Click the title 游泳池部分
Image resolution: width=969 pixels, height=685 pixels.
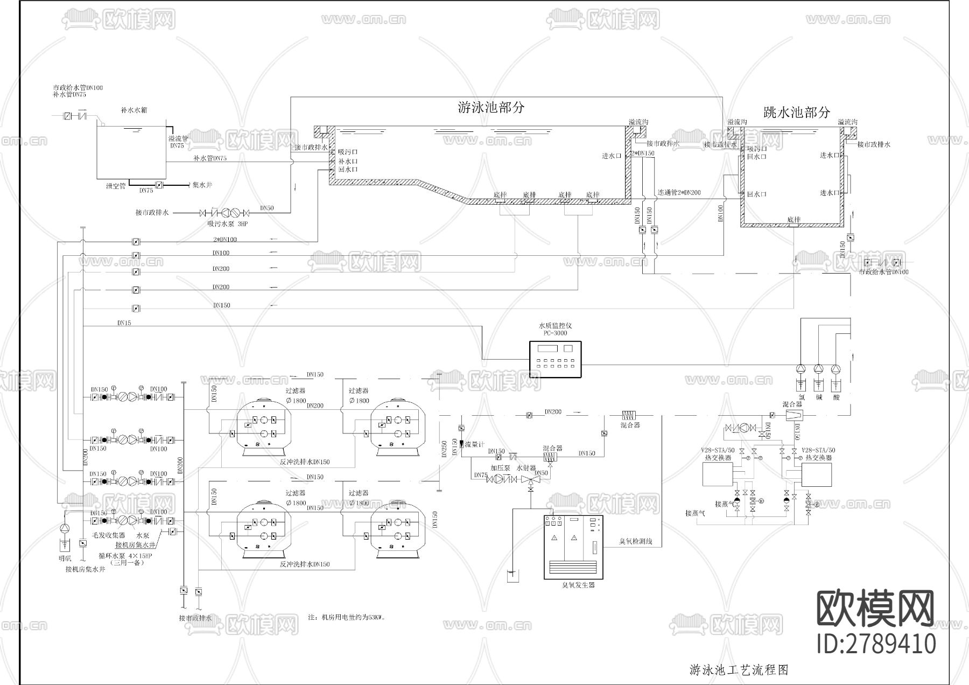point(490,107)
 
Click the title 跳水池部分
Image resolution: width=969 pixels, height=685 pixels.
point(797,113)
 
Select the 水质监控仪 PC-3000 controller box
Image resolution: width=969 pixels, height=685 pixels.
point(556,359)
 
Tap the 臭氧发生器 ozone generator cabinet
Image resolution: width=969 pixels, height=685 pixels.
point(574,547)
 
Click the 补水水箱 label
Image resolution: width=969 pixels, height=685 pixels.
point(134,110)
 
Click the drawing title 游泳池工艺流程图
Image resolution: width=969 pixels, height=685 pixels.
point(739,670)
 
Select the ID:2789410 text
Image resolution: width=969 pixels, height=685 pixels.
point(876,644)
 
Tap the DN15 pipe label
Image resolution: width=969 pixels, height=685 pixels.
point(124,323)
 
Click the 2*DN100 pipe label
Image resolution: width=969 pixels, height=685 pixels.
point(224,240)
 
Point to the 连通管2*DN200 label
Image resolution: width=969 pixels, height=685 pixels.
point(679,192)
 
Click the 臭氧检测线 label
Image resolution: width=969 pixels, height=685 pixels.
point(636,541)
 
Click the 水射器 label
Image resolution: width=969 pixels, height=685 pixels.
point(525,469)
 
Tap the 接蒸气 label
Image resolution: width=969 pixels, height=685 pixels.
point(694,513)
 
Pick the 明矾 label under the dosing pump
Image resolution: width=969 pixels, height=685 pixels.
point(65,558)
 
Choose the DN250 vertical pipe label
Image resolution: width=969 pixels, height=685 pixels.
point(444,448)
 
